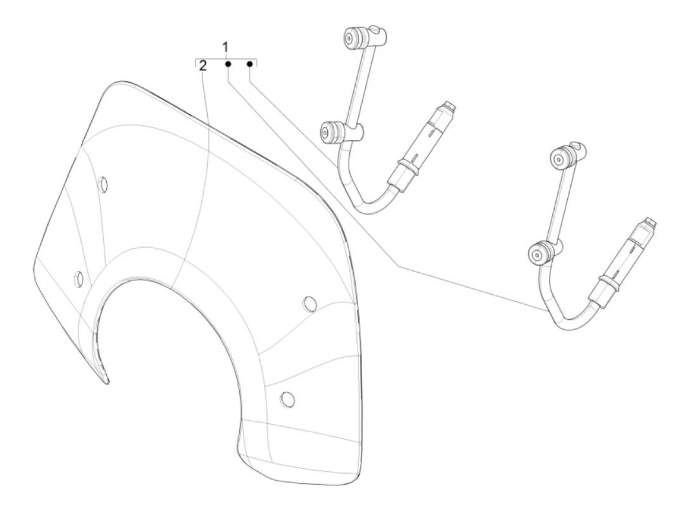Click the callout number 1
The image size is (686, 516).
coord(225,48)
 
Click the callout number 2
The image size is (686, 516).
coord(203,66)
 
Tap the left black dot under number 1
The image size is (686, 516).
coord(228,64)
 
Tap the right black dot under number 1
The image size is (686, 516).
coord(250,64)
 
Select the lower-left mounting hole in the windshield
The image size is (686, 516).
coord(78,278)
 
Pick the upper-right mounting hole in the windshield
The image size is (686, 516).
coord(309,304)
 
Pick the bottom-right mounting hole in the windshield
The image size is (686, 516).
coord(288,399)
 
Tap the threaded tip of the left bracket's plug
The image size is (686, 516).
coord(450,105)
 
